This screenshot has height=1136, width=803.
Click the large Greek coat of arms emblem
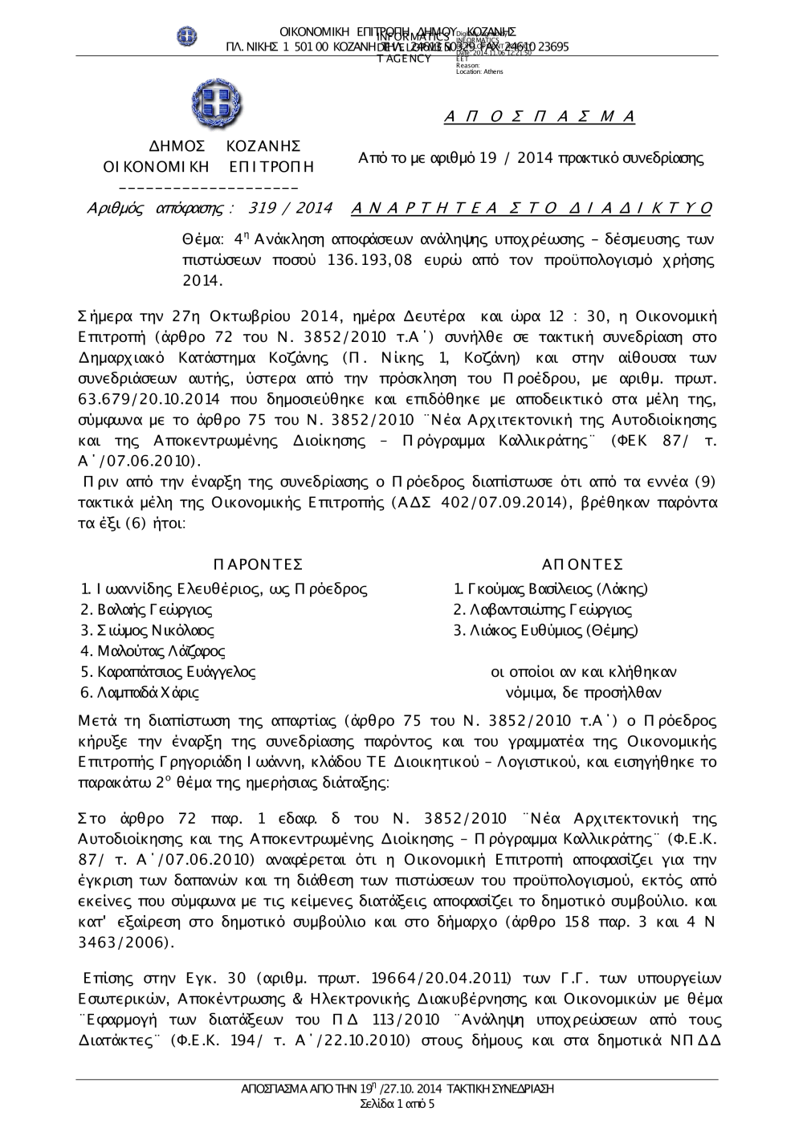(217, 106)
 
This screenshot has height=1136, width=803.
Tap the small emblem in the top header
(187, 35)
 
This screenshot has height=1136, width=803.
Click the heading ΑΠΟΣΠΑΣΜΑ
(540, 117)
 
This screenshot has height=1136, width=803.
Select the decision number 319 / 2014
(291, 208)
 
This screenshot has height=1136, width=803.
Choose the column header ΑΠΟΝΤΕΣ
(583, 565)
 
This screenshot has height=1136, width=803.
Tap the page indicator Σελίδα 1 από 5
(398, 1104)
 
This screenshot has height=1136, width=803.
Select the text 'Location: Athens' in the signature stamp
(479, 71)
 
